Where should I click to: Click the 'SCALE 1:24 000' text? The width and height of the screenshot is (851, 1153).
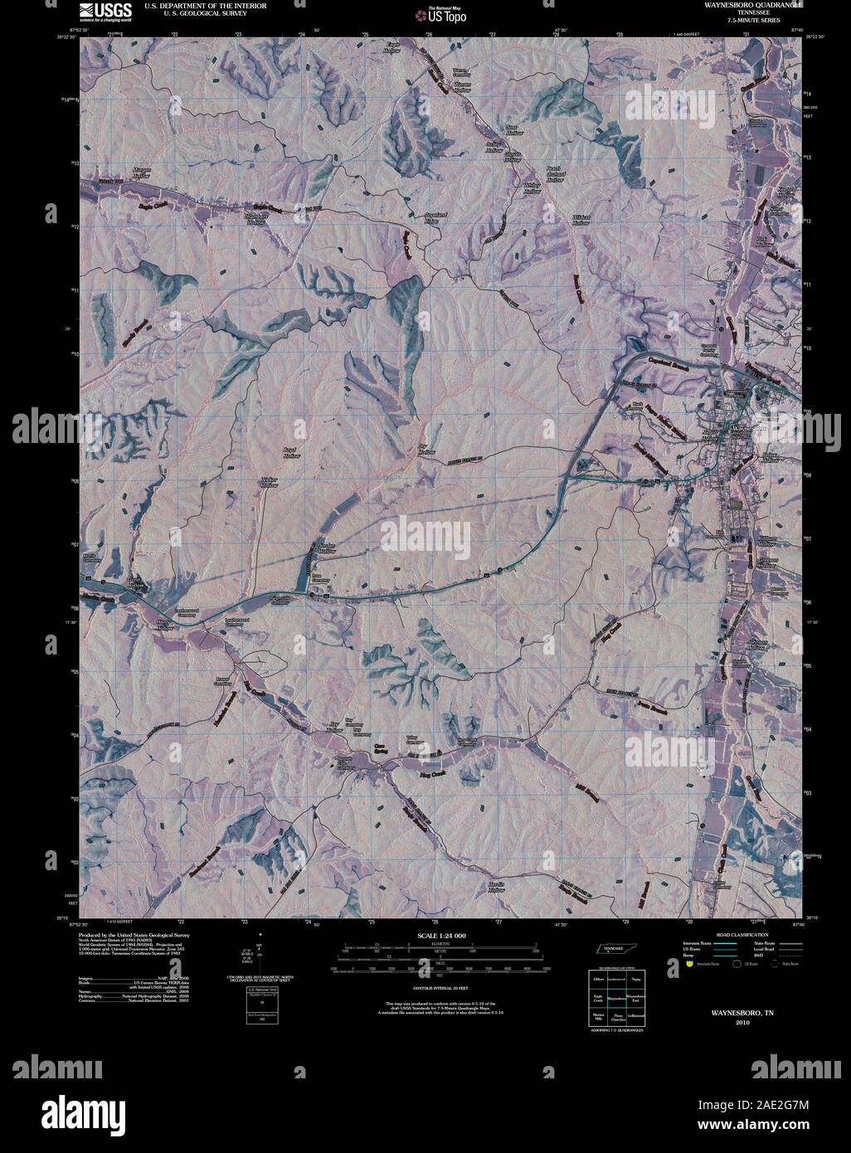(444, 935)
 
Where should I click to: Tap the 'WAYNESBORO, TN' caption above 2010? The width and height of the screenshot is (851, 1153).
(730, 1013)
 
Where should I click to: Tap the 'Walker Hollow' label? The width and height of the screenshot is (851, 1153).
(270, 482)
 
